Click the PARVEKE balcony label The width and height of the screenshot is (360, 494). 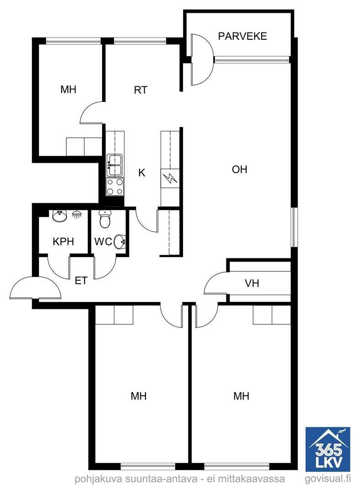[242, 36]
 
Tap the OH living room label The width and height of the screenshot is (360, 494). [239, 170]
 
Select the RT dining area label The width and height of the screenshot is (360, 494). [140, 90]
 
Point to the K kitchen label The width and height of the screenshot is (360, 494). [142, 172]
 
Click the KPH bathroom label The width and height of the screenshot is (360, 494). [63, 242]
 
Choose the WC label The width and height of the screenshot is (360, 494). [103, 242]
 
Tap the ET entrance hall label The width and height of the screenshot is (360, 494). [81, 280]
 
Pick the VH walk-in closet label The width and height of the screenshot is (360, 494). [252, 283]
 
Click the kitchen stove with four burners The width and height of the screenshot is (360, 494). [115, 187]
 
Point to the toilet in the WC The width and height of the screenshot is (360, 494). [105, 219]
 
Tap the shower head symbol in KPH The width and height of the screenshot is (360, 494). [76, 215]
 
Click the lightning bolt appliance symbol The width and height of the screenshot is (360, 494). [170, 178]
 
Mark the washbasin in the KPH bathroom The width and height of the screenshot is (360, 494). [59, 216]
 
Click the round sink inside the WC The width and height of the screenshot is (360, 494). [120, 242]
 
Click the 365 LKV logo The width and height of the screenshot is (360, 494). [328, 449]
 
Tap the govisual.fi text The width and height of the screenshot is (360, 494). [328, 479]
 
